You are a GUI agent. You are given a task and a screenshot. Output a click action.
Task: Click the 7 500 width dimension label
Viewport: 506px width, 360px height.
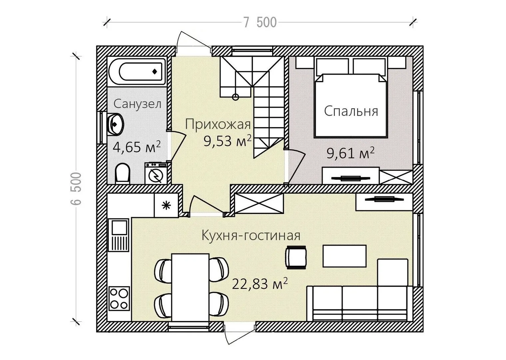click(x=260, y=23)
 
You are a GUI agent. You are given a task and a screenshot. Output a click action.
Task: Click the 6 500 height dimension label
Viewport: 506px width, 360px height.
click(x=76, y=188)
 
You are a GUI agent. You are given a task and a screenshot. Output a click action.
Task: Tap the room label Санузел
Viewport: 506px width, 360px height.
click(x=137, y=104)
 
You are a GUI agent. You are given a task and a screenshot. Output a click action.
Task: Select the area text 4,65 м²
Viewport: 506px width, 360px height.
click(x=137, y=147)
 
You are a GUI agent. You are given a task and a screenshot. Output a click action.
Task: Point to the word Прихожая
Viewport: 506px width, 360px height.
click(x=218, y=124)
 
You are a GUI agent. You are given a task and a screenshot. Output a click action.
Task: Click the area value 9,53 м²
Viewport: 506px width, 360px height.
click(x=228, y=141)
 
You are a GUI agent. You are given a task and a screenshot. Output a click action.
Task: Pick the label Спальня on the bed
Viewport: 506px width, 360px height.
click(x=351, y=111)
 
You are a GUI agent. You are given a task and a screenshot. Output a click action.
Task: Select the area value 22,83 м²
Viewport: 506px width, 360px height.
click(x=260, y=284)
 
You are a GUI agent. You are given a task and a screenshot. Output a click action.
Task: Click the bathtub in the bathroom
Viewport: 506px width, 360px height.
click(x=137, y=72)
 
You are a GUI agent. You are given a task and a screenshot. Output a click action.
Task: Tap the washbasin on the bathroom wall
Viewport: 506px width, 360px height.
click(x=116, y=125)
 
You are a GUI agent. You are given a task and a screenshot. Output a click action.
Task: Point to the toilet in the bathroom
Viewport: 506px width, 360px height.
click(x=123, y=173)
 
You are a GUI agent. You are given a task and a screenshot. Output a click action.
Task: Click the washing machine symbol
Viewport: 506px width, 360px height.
click(x=156, y=174)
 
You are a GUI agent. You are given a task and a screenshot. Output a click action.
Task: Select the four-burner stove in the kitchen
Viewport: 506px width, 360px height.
click(x=119, y=299)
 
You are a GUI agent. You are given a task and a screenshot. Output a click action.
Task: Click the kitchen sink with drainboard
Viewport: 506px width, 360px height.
click(x=119, y=235)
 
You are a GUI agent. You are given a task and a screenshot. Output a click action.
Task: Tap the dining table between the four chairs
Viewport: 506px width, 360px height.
click(x=190, y=287)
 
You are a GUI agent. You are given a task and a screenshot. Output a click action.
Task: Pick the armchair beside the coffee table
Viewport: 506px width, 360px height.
click(x=296, y=257)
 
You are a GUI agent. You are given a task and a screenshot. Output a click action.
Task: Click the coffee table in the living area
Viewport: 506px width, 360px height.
click(x=344, y=256)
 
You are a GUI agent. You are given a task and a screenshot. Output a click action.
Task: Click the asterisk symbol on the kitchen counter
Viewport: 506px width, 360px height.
click(x=166, y=205)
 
